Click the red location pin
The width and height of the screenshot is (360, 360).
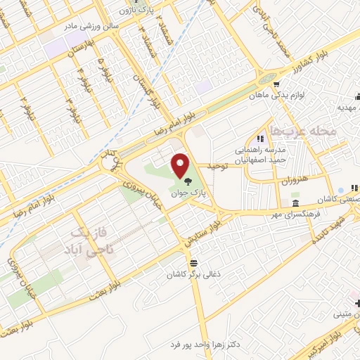coord(180,167)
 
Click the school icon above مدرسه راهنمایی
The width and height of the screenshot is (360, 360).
coord(259,139)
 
